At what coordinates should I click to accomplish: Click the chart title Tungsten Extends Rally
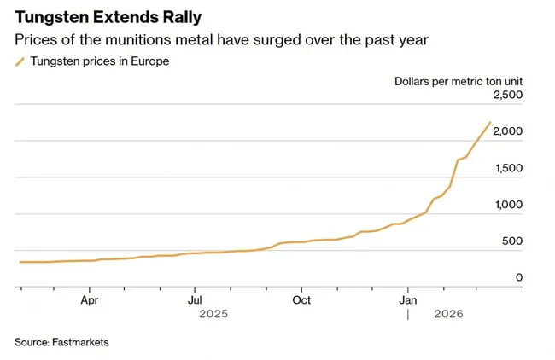pos(103,18)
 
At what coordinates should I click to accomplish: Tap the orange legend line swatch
pos(20,61)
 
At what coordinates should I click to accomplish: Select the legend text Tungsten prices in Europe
pos(99,61)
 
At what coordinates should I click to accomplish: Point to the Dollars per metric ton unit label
pos(458,81)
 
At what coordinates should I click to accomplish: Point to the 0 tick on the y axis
pos(518,278)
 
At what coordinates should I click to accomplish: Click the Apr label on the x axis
pos(90,300)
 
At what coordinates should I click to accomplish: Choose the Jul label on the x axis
pos(196,300)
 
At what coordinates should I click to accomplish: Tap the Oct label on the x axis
pos(301,300)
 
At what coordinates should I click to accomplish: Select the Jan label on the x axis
pos(408,300)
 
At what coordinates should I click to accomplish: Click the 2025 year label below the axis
pos(213,314)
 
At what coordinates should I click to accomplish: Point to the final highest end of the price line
pos(490,122)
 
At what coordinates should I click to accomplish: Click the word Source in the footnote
pos(32,342)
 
